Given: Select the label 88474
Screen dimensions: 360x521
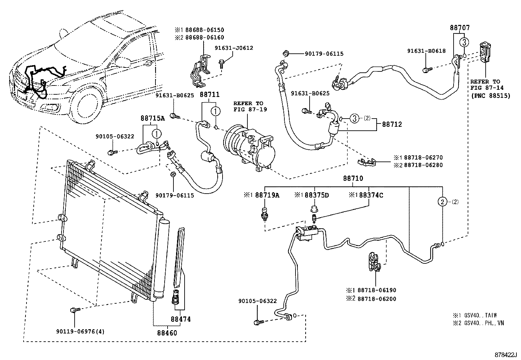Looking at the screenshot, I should click(180, 319).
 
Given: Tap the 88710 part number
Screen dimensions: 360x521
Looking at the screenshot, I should click(353, 179).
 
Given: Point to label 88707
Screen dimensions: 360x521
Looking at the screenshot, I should click(459, 28).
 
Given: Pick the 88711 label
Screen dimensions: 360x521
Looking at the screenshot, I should click(209, 95).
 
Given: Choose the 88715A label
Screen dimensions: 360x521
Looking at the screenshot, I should click(153, 118).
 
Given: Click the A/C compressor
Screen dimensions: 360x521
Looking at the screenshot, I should click(249, 147).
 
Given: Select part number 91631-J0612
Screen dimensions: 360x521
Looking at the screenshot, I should click(234, 48).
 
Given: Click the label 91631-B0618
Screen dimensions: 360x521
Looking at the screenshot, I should click(426, 51).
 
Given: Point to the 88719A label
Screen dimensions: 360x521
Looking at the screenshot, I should click(267, 195).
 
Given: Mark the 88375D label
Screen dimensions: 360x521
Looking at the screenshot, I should click(316, 195).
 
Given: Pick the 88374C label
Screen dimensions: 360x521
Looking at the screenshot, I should click(371, 195).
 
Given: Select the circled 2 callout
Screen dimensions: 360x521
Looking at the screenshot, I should click(442, 202).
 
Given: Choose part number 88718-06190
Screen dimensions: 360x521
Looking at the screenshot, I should click(377, 290).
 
